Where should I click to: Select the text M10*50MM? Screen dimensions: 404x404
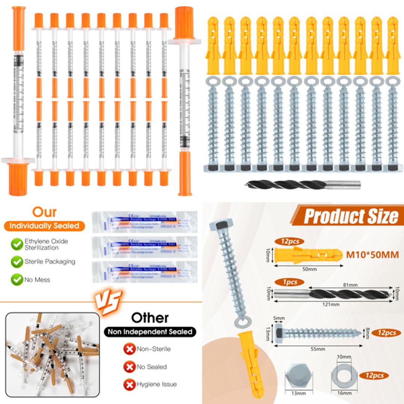click(372, 255)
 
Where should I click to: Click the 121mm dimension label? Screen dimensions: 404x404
click(332, 304)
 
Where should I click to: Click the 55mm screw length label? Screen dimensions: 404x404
click(318, 349)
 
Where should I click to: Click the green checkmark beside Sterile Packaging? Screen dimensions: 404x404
click(16, 262)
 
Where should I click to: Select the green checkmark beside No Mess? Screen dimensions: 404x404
click(16, 279)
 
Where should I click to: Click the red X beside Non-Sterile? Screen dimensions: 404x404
click(129, 349)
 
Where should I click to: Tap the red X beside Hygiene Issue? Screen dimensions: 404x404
click(129, 384)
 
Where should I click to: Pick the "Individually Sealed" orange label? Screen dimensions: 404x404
click(44, 226)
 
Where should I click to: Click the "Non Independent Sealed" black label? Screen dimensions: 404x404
click(150, 331)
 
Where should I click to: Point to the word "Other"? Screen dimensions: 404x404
click(150, 318)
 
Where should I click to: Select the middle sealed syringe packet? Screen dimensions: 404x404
click(144, 247)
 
